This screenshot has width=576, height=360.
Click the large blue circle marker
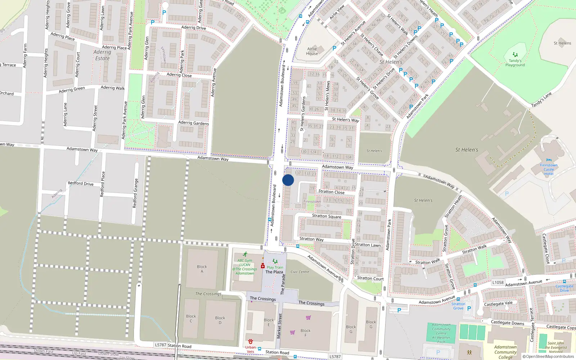pyautogui.click(x=288, y=180)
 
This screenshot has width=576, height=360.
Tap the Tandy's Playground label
pyautogui.click(x=515, y=63)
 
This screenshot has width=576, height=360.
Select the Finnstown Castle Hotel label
pyautogui.click(x=549, y=170)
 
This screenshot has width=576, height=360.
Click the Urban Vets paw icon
pyautogui.click(x=251, y=341)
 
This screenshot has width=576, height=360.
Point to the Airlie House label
pyautogui.click(x=312, y=51)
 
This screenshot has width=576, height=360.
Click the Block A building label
pyautogui.click(x=202, y=269)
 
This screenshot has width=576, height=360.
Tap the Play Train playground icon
pyautogui.click(x=275, y=261)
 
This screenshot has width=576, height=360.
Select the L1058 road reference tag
pyautogui.click(x=498, y=283)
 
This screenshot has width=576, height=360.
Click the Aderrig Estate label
pyautogui.click(x=102, y=55)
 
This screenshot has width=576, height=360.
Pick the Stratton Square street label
pyautogui.click(x=327, y=216)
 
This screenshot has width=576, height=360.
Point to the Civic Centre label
pyautogui.click(x=300, y=272)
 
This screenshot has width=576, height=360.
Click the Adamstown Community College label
pyautogui.click(x=505, y=352)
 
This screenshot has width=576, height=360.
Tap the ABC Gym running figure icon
pyautogui.click(x=245, y=254)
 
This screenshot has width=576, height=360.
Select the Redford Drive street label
pyautogui.click(x=81, y=184)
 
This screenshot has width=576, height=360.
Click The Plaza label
pyautogui.click(x=274, y=272)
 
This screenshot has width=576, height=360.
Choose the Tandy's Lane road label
pyautogui.click(x=541, y=100)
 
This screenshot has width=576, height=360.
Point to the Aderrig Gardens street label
pyautogui.click(x=193, y=123)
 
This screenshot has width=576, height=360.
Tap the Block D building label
pyautogui.click(x=220, y=320)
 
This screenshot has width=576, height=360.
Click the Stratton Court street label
pyautogui.click(x=370, y=278)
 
